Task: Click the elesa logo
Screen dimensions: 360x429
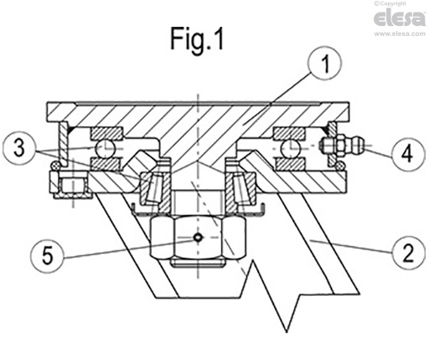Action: pos(399,18)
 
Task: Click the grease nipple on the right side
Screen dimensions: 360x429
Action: pos(344,147)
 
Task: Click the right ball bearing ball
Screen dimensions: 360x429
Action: pos(290,147)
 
